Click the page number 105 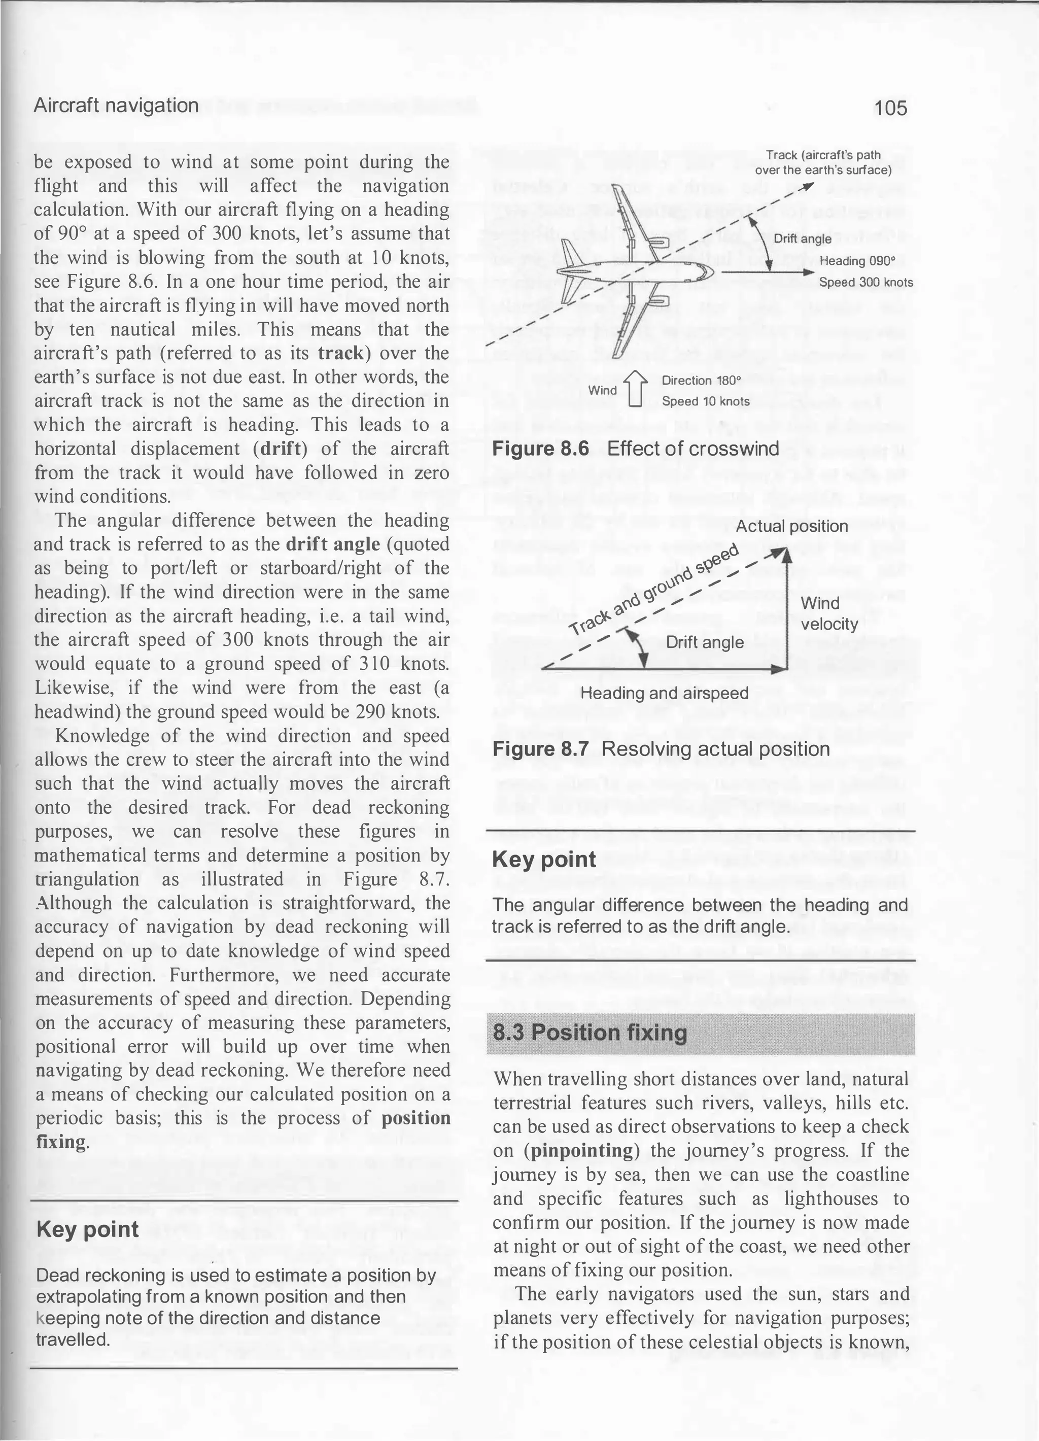pyautogui.click(x=890, y=108)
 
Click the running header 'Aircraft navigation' pyautogui.click(x=116, y=105)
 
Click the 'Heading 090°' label pyautogui.click(x=857, y=260)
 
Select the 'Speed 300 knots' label pyautogui.click(x=865, y=282)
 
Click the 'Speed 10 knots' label pyautogui.click(x=705, y=401)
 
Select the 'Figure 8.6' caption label pyautogui.click(x=540, y=449)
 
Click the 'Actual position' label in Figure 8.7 pyautogui.click(x=791, y=526)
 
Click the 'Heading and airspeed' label pyautogui.click(x=664, y=693)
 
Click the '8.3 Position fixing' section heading pyautogui.click(x=590, y=1033)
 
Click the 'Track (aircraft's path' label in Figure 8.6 pyautogui.click(x=822, y=155)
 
